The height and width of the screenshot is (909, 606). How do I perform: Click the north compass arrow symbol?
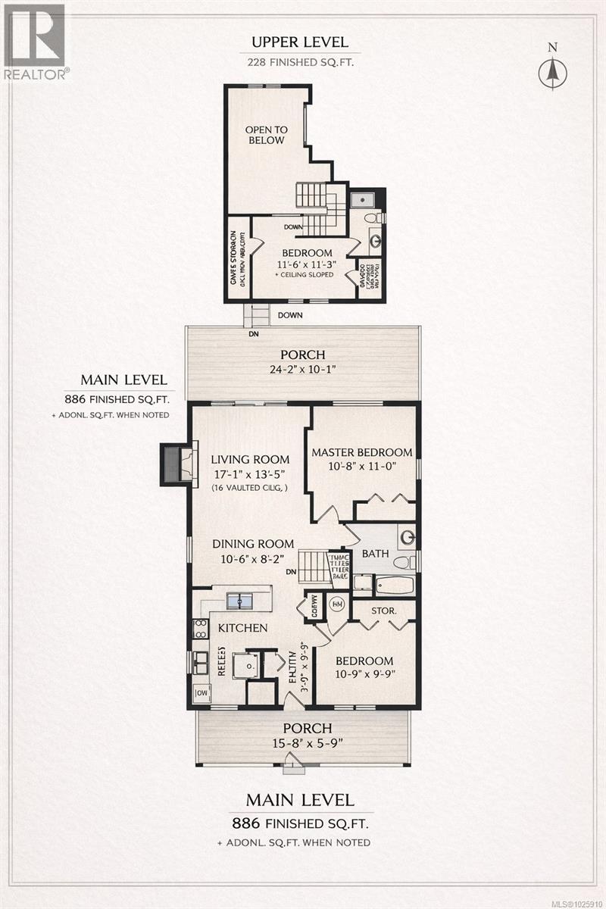point(552,71)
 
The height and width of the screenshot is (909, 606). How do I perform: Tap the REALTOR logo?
point(35,41)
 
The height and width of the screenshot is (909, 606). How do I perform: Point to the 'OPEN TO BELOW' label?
point(264,135)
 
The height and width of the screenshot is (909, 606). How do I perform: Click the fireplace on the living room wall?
point(174,464)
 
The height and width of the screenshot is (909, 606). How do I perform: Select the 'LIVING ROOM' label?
point(250,459)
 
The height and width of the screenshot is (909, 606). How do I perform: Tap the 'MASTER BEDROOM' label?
point(362,452)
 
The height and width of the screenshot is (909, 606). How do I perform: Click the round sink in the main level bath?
point(408,538)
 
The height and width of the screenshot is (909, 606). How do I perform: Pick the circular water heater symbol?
point(337,605)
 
